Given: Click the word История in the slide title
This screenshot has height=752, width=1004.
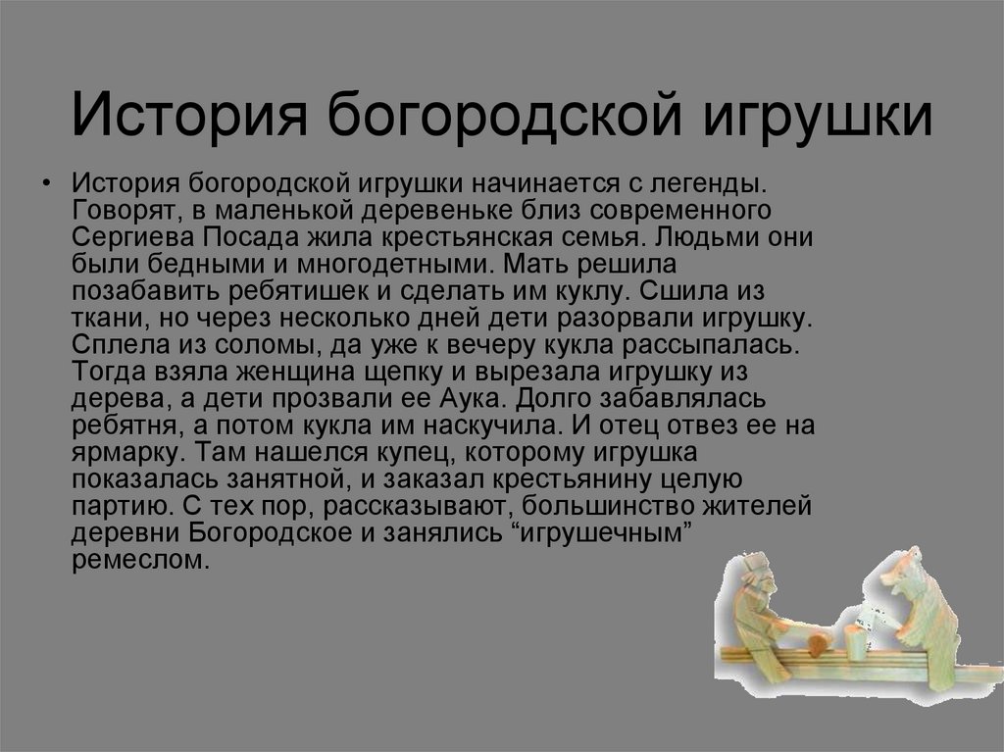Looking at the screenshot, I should [187, 116].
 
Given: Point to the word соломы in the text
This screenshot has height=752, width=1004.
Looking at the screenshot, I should [239, 345].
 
